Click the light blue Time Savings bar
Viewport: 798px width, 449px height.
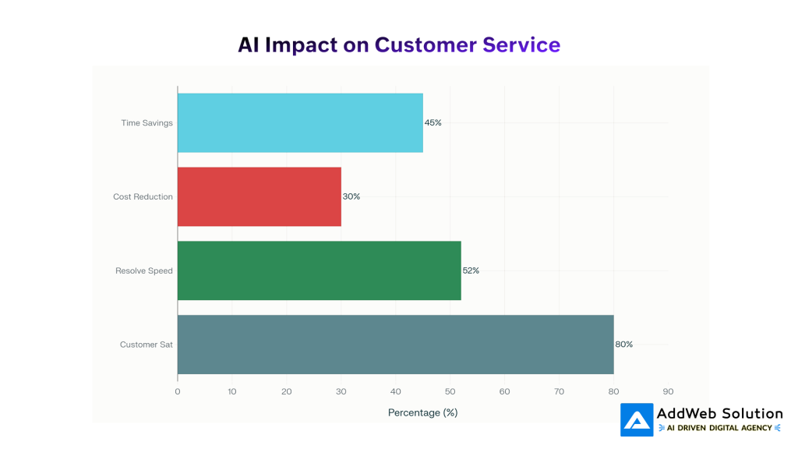coord(300,123)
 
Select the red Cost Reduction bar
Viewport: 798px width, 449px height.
coord(260,196)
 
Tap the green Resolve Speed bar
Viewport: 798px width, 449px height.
coord(319,270)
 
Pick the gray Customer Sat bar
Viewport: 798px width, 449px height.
coord(395,345)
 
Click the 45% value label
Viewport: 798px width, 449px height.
coord(433,123)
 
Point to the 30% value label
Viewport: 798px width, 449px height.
coord(351,196)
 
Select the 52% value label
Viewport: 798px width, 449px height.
coord(471,270)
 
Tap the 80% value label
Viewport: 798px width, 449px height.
coord(624,345)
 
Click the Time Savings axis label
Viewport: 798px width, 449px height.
coord(147,123)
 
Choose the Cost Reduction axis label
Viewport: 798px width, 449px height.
coord(143,196)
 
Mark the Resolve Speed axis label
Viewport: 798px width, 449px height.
coord(144,270)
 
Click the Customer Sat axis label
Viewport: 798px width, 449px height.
coord(147,345)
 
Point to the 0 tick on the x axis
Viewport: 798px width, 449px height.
coord(178,391)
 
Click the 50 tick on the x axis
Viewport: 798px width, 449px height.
coord(450,391)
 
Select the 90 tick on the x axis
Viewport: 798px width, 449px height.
coord(668,391)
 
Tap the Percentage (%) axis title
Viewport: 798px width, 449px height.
coord(422,412)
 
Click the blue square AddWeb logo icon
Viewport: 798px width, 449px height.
coord(637,420)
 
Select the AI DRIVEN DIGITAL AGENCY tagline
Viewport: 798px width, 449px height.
coord(719,428)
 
